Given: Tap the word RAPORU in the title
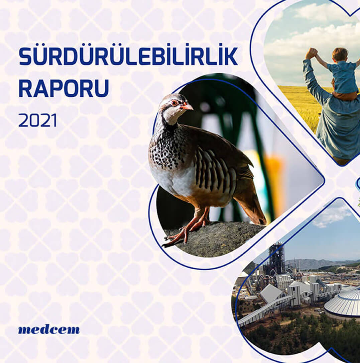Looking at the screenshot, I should [64, 88].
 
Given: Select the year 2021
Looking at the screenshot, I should [37, 120].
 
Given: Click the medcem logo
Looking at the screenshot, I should [49, 330].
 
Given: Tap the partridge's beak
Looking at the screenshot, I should [188, 107].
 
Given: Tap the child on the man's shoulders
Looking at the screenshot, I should [341, 74].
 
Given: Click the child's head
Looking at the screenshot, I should [340, 54].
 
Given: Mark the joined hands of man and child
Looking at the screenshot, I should [312, 53].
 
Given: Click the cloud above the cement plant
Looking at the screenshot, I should [331, 216].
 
